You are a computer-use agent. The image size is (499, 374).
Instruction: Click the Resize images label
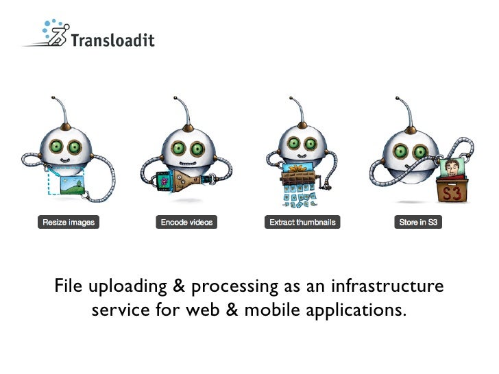69,222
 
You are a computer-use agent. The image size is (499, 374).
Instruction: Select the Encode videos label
186,222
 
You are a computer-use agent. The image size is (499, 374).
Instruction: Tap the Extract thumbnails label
301,222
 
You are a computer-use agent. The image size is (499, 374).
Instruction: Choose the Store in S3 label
418,222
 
